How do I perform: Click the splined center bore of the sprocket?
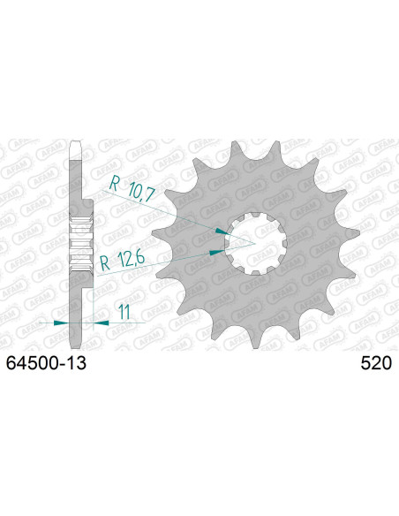(254, 241)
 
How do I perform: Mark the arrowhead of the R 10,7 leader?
(222, 231)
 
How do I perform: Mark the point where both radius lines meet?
(255, 241)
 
